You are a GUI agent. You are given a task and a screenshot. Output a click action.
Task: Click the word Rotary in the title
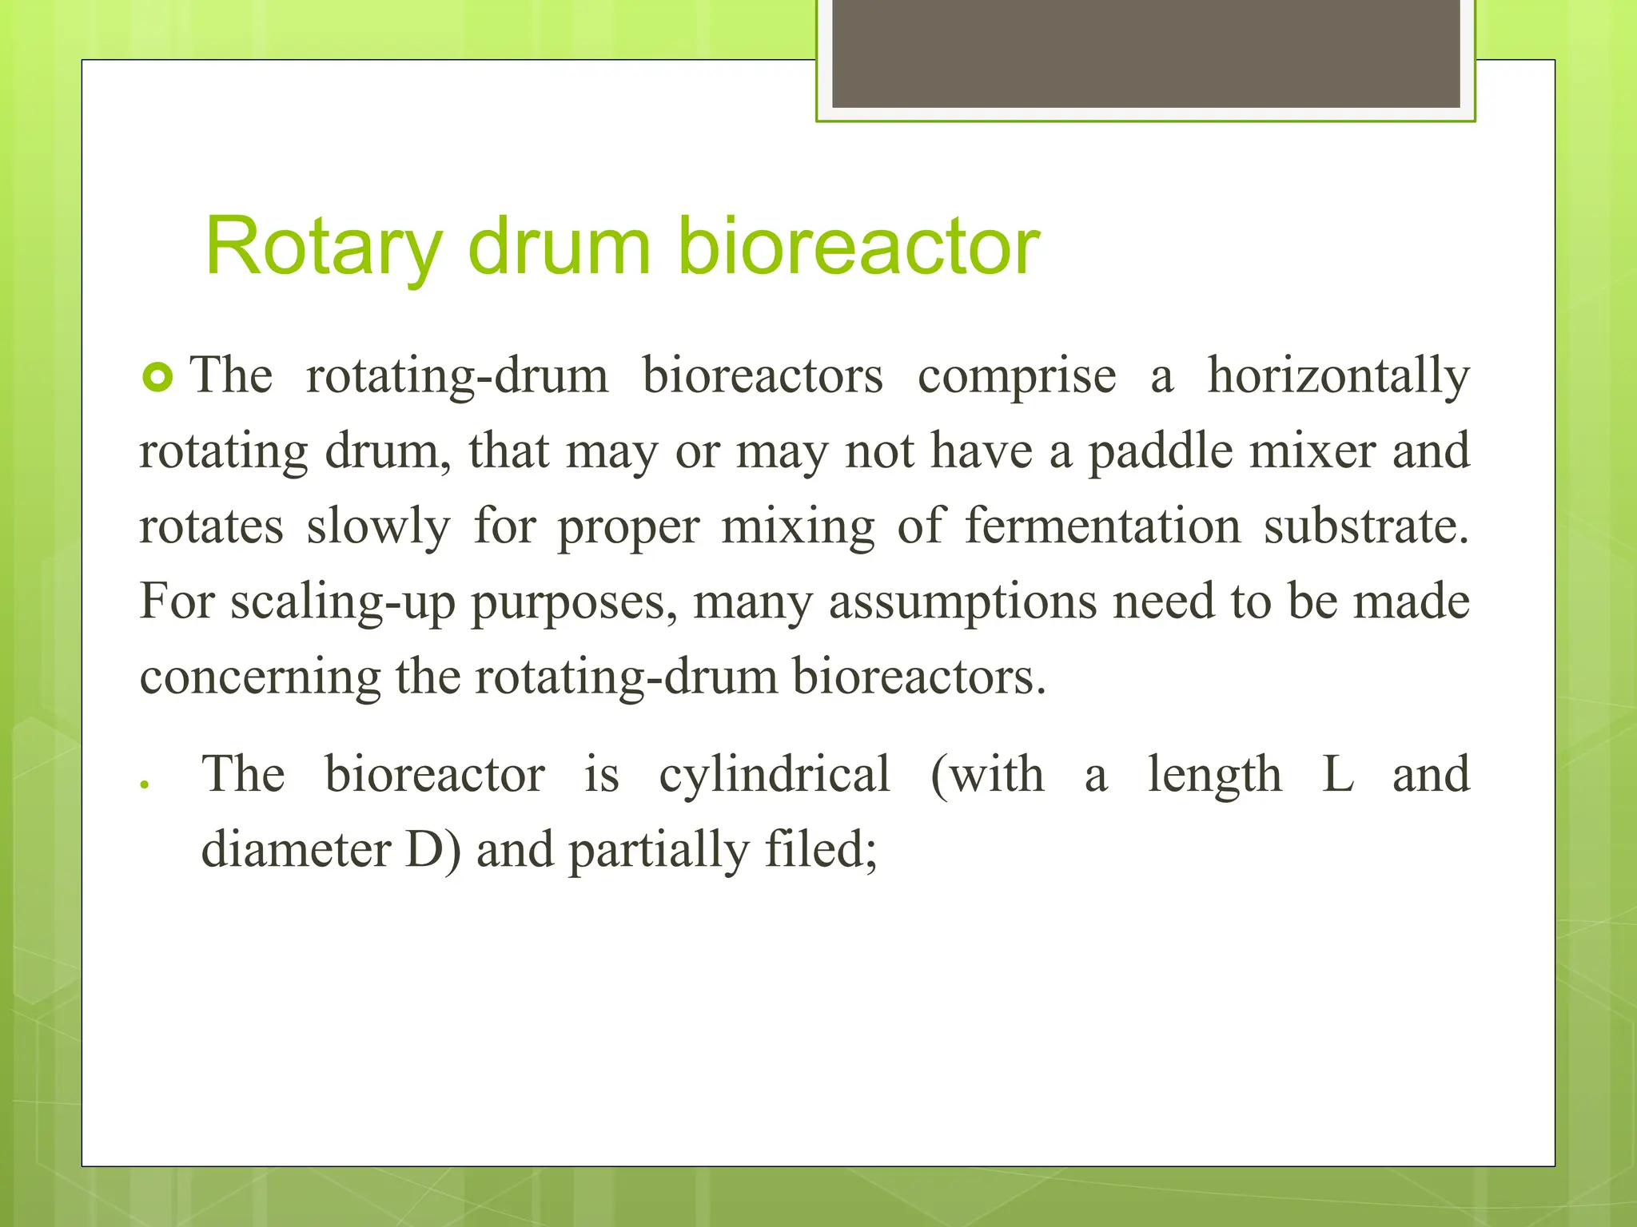coord(323,248)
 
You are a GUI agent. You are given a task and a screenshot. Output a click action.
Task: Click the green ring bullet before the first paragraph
coord(157,377)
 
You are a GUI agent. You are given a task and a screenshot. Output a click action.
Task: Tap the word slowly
coord(378,527)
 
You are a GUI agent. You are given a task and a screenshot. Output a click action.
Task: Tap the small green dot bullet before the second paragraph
coord(145,784)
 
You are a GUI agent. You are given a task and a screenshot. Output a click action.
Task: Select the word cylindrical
coord(774,775)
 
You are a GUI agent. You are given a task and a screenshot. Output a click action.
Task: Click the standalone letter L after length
coord(1337,775)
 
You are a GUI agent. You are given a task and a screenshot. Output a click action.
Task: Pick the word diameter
coord(296,849)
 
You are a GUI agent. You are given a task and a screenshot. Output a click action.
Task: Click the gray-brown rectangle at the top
coord(1145,54)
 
